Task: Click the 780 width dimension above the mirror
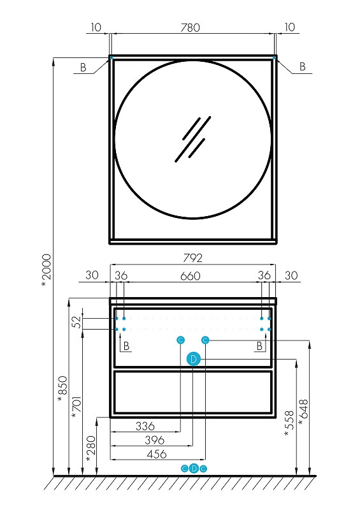coord(191,27)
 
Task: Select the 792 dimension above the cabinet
coord(192,258)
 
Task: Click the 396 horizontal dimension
coord(154,440)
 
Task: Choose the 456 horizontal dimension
coord(157,454)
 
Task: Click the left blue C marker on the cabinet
coord(180,340)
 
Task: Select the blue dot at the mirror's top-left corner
coord(111,57)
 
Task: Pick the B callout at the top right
coord(302,66)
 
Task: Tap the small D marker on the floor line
coord(194,469)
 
